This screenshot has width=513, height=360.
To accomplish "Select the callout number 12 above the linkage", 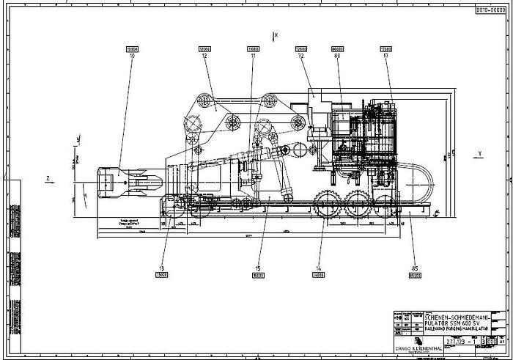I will tap(204, 56).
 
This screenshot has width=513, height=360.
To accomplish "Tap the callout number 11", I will tap(254, 56).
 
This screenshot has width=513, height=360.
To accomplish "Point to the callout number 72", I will tap(301, 56).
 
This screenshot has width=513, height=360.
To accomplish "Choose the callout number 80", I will tap(338, 56).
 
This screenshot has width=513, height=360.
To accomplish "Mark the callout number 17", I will tap(385, 56).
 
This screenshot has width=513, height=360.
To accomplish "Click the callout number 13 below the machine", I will tap(162, 268).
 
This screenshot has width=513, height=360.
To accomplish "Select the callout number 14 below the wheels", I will tap(318, 268).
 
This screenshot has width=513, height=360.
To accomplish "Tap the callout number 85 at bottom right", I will tap(414, 268).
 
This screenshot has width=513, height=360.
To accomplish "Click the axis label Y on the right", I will tap(479, 154).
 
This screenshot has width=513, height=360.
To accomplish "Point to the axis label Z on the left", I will tap(48, 178).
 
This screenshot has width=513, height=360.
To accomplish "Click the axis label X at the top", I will tap(276, 34).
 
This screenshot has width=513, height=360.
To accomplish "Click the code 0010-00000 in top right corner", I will tap(490, 11).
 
